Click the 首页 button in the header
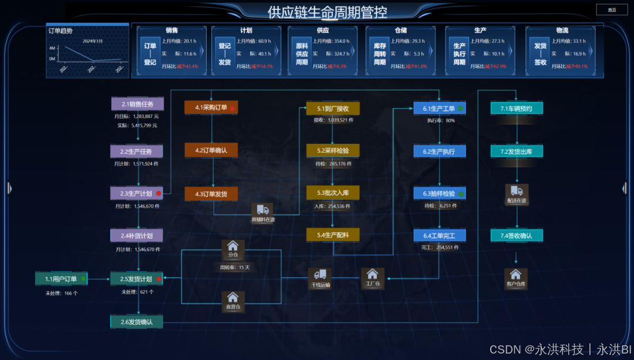coord(612,9)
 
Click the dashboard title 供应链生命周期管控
coord(327,12)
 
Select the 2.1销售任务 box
coord(137,104)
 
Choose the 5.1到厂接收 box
coord(333,108)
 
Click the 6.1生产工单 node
coord(440,108)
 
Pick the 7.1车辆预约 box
coord(517,108)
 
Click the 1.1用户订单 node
coord(61,278)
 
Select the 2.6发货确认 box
coord(136,322)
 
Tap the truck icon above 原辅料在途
coord(262,210)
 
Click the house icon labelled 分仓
coord(232,246)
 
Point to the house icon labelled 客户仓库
coord(515,274)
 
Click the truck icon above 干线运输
coord(320,274)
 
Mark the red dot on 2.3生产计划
coord(158,193)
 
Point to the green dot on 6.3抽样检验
coord(461,193)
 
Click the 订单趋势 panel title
coord(60,31)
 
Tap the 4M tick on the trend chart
coord(52,48)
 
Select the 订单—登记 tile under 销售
coord(150,54)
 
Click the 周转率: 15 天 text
coord(235,268)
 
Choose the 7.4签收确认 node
coord(517,235)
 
